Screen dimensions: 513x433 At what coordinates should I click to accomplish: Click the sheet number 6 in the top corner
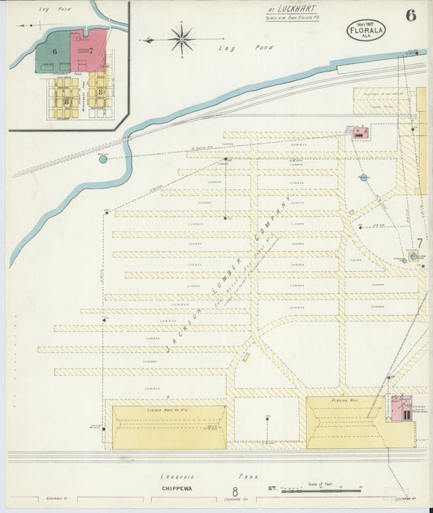(410, 15)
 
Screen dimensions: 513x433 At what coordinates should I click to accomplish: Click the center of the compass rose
(181, 37)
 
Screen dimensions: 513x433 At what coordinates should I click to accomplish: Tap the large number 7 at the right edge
(418, 243)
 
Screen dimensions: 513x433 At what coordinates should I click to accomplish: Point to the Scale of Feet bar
(321, 490)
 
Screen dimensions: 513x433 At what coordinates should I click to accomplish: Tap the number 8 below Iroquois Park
(235, 491)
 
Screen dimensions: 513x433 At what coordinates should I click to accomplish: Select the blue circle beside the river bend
(102, 159)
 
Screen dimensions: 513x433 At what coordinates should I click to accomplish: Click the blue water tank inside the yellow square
(414, 256)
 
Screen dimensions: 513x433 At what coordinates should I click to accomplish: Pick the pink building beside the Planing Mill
(401, 410)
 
